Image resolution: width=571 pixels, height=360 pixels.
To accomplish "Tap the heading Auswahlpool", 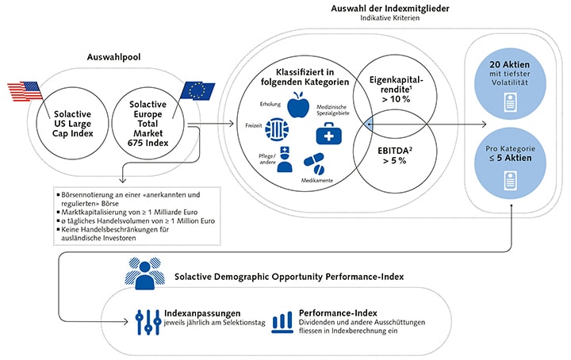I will click(x=114, y=58).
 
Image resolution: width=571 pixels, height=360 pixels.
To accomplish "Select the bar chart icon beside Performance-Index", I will click(x=282, y=320).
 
